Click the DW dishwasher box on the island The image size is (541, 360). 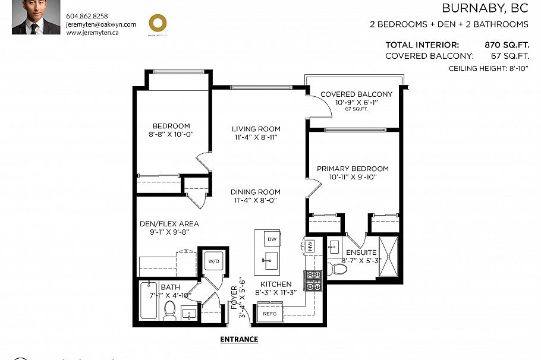click(272, 239)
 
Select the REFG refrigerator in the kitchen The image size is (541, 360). click(270, 314)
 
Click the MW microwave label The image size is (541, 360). click(310, 245)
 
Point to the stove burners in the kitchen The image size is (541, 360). click(312, 280)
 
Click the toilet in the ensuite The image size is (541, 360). click(339, 269)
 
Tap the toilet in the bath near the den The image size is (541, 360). click(170, 310)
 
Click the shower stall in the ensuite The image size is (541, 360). click(389, 256)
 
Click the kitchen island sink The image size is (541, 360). click(271, 260)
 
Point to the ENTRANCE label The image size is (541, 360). click(239, 340)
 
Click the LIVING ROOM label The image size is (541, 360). click(256, 129)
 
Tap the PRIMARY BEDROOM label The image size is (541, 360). click(353, 169)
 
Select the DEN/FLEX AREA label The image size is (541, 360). click(169, 224)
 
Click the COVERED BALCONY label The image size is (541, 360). click(356, 94)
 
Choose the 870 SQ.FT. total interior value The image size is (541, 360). click(507, 45)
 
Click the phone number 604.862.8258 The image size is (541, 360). click(87, 16)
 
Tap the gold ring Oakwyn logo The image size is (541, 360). click(157, 23)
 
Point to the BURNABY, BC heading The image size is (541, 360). click(485, 8)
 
